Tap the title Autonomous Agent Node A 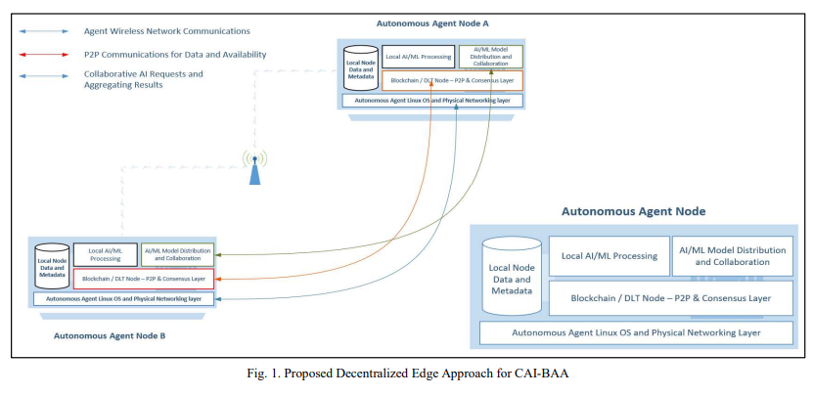(x=430, y=22)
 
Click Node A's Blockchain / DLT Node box (x=452, y=81)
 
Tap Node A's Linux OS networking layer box (x=431, y=100)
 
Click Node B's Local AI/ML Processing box (x=105, y=255)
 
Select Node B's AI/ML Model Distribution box (x=177, y=255)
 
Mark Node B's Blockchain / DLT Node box (x=143, y=279)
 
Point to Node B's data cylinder (x=53, y=266)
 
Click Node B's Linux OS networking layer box (x=124, y=298)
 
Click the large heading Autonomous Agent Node (x=633, y=210)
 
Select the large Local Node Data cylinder (x=512, y=275)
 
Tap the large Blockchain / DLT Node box (x=671, y=297)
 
